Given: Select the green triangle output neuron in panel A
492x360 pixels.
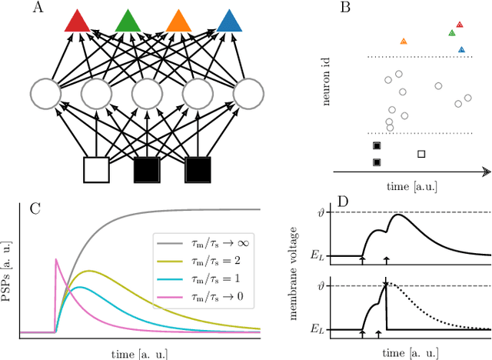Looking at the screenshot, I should pos(128,22).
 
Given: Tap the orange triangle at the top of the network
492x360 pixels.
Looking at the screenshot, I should pos(178,22).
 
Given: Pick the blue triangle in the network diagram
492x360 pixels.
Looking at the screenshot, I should pos(228,22).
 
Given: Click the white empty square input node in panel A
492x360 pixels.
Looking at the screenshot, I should pos(96,169).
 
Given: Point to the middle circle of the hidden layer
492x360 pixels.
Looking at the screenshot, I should pos(147,94).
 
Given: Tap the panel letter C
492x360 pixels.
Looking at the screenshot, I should pos(34,208).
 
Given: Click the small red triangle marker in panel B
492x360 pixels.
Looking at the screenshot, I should pos(460,25).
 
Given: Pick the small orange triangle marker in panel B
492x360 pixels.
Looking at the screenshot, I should pos(403,41).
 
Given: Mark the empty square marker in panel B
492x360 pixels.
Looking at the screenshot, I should pos(421,154).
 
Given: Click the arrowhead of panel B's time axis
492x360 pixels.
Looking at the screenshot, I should pos(486,172).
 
